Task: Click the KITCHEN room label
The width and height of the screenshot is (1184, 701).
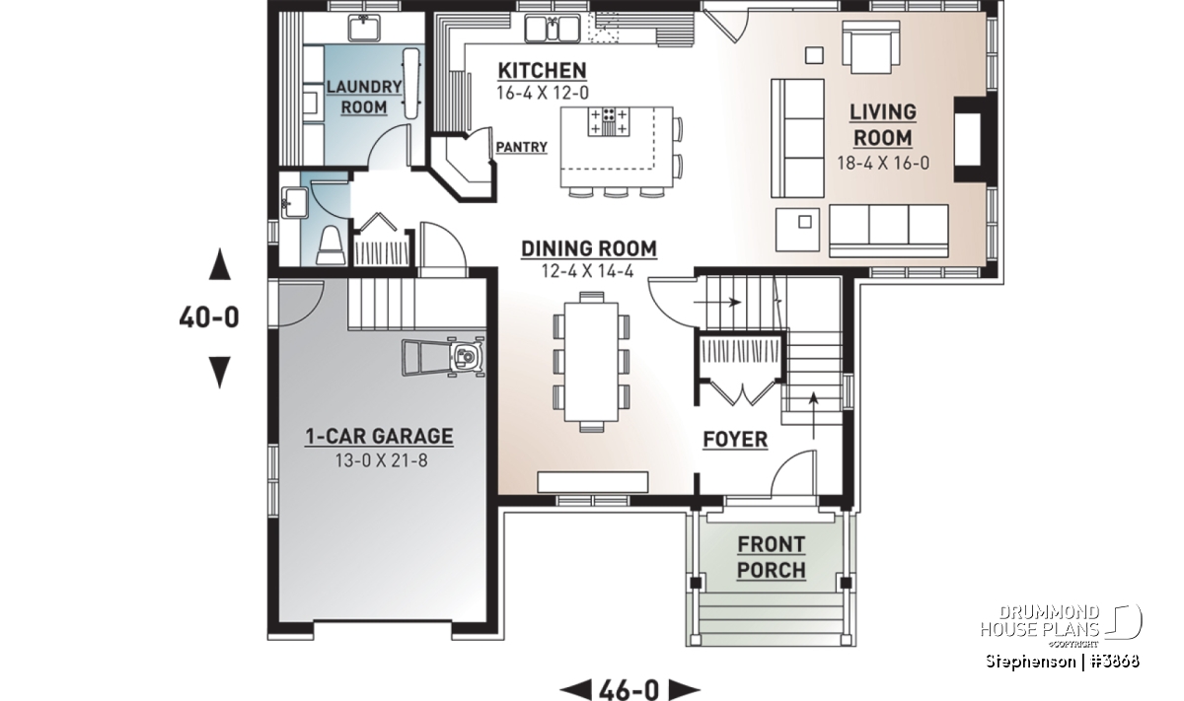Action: tap(543, 70)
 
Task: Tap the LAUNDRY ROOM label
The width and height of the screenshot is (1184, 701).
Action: tap(364, 97)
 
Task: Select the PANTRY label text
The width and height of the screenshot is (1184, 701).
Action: tap(521, 147)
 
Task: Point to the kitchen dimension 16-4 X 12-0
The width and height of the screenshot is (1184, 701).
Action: tap(543, 93)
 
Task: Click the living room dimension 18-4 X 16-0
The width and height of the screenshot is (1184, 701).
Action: tap(883, 163)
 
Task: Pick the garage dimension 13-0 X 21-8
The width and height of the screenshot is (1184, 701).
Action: tap(381, 460)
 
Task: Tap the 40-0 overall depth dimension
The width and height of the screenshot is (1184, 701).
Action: tap(209, 317)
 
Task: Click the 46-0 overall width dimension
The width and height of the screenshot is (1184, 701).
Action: tap(629, 690)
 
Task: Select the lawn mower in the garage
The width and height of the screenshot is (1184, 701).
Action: tap(443, 357)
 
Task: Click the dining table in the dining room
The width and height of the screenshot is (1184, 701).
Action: tap(591, 362)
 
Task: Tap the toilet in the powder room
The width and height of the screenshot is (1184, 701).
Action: tap(332, 246)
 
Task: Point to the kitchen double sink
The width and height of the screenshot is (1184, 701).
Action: tap(552, 29)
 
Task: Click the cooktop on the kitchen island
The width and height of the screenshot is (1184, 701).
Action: tap(609, 121)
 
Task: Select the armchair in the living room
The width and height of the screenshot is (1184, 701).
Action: tap(871, 47)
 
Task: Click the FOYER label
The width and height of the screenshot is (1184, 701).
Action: tap(735, 440)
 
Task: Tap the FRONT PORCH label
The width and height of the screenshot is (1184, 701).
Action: tap(772, 557)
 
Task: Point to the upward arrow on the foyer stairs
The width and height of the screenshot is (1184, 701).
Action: tap(813, 415)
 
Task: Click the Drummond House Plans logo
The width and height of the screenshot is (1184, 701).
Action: tap(1061, 625)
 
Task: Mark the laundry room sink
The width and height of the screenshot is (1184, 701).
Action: tap(364, 28)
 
